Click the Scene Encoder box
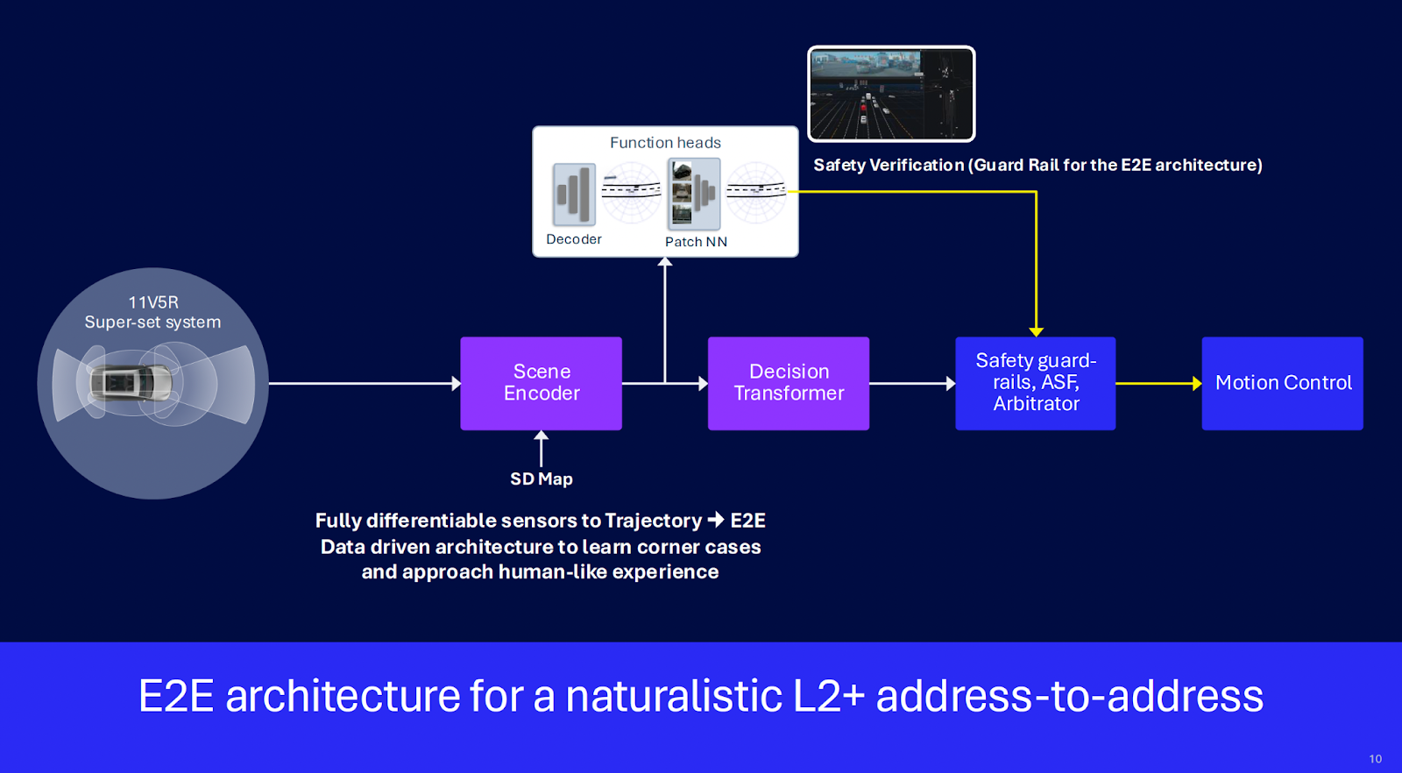(542, 383)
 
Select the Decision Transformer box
(789, 383)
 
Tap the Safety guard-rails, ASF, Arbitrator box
(1036, 383)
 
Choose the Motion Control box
(1283, 383)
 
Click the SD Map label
(542, 479)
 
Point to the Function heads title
(665, 143)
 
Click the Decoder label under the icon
(574, 239)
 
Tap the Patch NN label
(696, 242)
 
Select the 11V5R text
(153, 302)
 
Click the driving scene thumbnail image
(891, 94)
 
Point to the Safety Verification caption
(1037, 165)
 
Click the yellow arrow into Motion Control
(1158, 383)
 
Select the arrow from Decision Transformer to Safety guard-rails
(912, 383)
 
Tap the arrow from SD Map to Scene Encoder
(542, 448)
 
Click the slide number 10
(1375, 759)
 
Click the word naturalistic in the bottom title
(674, 697)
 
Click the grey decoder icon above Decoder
(574, 195)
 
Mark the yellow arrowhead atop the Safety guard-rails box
(1036, 331)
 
